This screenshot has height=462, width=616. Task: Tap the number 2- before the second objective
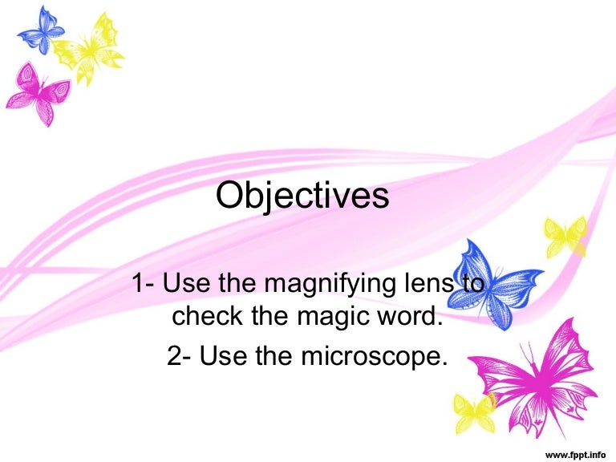point(179,355)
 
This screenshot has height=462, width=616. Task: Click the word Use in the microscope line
point(221,355)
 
